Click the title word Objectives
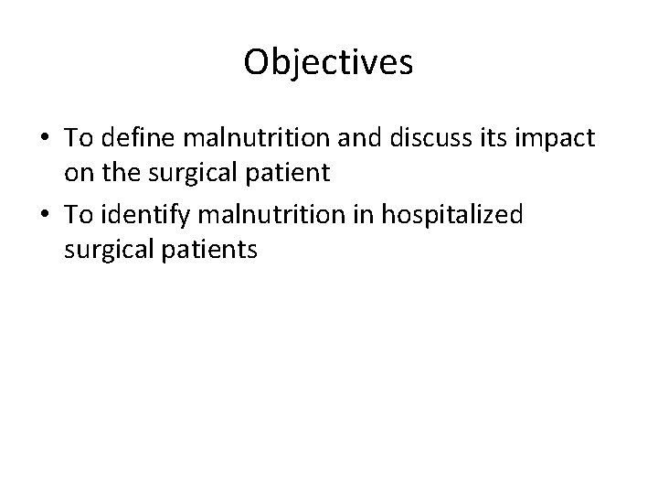pos(329,62)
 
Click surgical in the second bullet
pos(102,249)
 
